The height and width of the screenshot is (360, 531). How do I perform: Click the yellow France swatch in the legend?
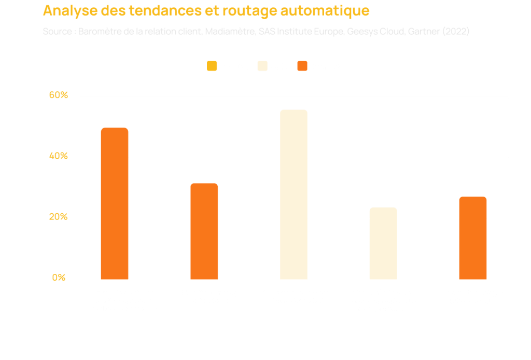(x=212, y=66)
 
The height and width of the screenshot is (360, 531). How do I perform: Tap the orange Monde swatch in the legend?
(x=302, y=66)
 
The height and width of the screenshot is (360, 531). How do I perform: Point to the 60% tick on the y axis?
(x=59, y=95)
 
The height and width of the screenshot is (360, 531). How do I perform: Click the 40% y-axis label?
(x=59, y=156)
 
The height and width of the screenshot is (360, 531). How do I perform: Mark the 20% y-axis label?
(x=59, y=217)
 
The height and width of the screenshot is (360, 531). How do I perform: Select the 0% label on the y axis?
(x=59, y=278)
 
